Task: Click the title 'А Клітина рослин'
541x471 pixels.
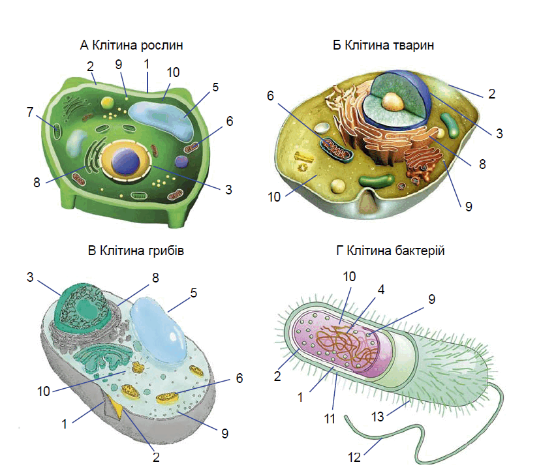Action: click(x=131, y=45)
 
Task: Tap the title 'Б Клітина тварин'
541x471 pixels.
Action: click(x=383, y=45)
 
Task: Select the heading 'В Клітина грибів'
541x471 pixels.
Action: click(x=136, y=251)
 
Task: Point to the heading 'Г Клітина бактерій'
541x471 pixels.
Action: click(x=390, y=251)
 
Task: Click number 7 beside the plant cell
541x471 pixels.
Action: click(x=31, y=112)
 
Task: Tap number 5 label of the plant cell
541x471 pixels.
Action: click(x=215, y=87)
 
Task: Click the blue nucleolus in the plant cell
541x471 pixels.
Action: click(x=126, y=161)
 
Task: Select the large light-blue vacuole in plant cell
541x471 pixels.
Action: click(x=161, y=119)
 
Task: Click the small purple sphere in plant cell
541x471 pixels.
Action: click(x=181, y=161)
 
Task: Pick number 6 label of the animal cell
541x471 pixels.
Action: click(x=270, y=95)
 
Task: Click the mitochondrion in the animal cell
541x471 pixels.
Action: click(x=335, y=149)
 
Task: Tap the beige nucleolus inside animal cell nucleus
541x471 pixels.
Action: click(x=393, y=101)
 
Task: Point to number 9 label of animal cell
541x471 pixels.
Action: click(x=469, y=206)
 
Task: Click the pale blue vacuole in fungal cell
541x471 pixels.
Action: click(x=159, y=331)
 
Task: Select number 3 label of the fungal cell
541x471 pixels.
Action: click(x=31, y=277)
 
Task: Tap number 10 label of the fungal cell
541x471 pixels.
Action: click(x=44, y=391)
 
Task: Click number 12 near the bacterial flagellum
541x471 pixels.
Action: click(x=354, y=457)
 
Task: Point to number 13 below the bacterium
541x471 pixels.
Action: click(x=377, y=416)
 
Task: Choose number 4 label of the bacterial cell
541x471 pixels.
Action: click(x=381, y=290)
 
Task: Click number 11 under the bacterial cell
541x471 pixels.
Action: click(x=330, y=419)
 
